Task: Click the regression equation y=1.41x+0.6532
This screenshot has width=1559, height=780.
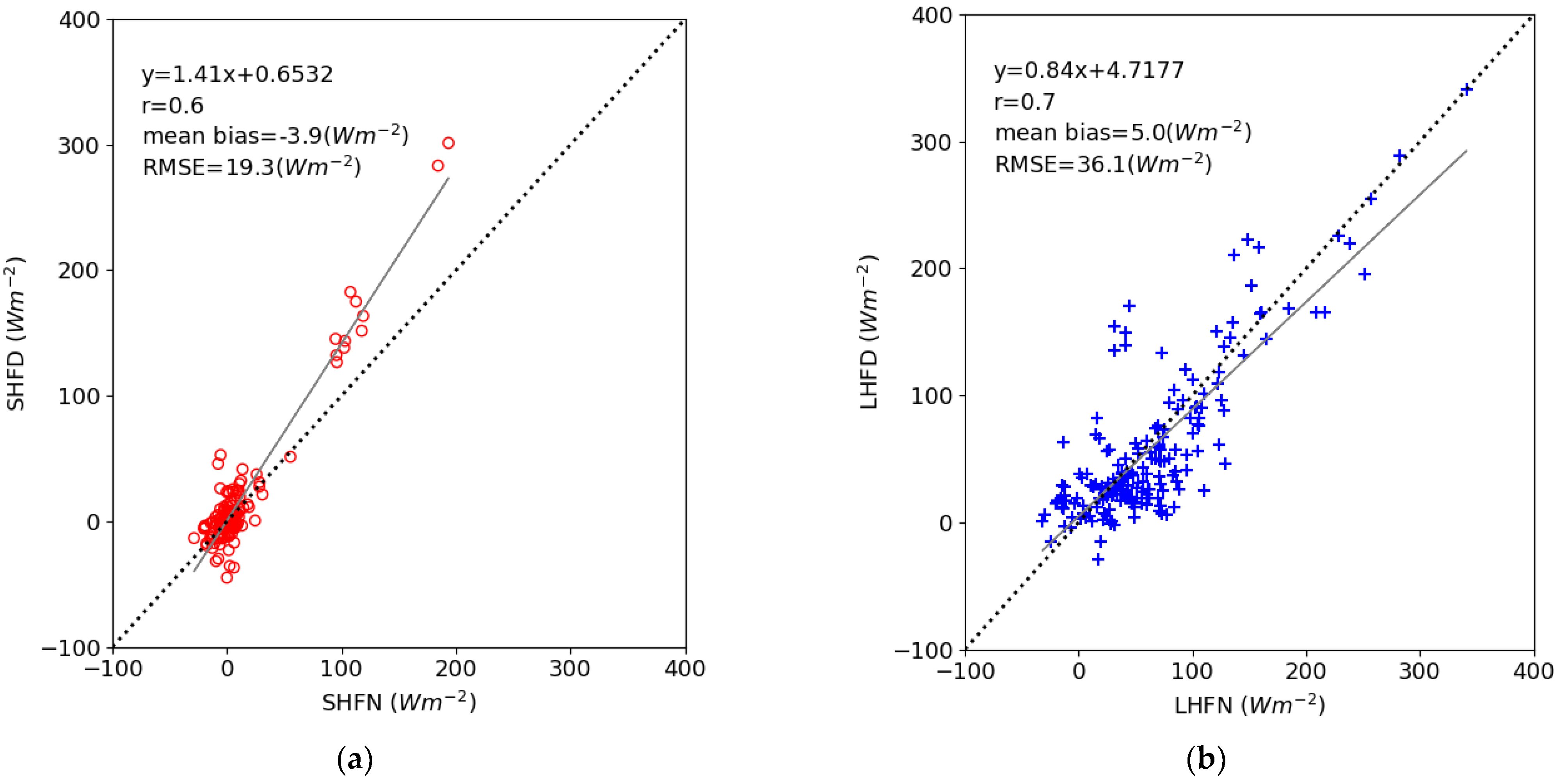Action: click(237, 75)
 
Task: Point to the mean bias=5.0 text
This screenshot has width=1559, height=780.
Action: click(1123, 132)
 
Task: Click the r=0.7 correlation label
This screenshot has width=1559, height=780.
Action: click(1025, 102)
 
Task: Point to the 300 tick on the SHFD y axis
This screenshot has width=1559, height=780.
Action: click(79, 146)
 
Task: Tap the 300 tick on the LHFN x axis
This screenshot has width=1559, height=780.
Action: click(1419, 670)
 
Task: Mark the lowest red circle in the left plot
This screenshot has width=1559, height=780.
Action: click(227, 577)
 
